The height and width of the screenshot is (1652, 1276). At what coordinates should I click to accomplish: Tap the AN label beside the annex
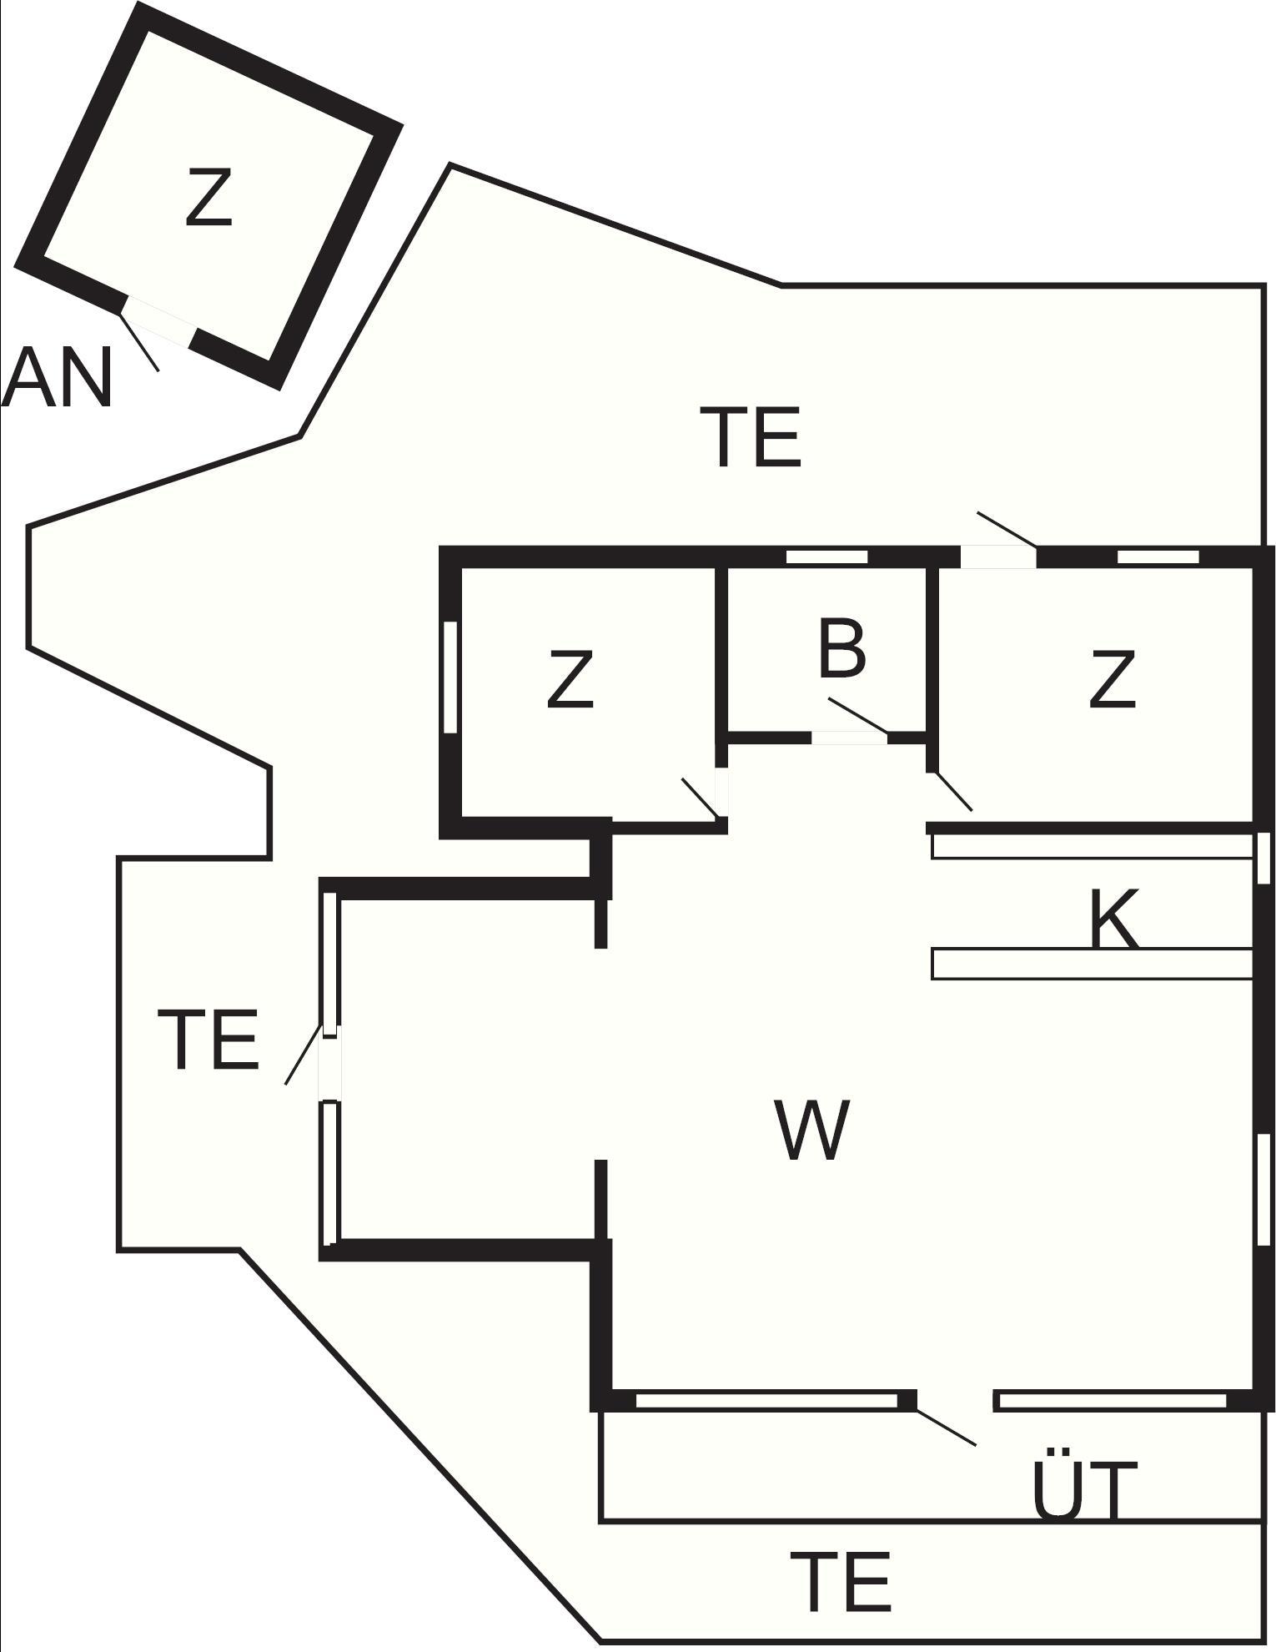[57, 378]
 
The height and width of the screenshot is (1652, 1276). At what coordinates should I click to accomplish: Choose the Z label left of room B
[570, 680]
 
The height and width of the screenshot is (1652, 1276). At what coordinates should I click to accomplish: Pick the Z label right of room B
[1113, 680]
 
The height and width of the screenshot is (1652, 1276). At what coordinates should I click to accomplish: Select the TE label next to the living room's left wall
[208, 1039]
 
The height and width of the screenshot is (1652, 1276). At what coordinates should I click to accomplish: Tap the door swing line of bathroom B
[858, 717]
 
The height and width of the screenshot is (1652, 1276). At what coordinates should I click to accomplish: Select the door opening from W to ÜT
[955, 1400]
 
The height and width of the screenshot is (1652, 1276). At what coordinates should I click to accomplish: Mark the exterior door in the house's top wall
[998, 557]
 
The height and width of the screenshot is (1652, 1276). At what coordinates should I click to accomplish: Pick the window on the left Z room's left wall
[450, 677]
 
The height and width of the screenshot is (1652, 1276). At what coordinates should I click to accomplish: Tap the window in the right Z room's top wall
[1158, 557]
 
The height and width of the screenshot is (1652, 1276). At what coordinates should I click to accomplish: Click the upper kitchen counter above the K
[1093, 846]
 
